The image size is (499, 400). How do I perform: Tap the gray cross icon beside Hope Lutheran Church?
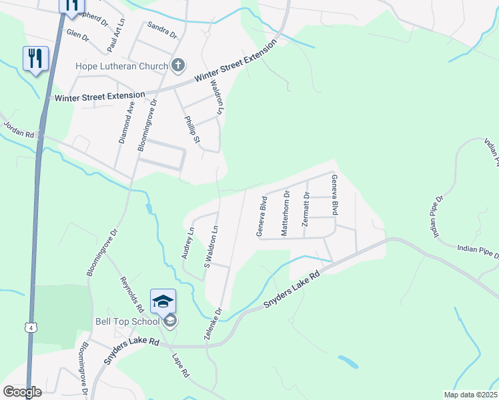point(177,65)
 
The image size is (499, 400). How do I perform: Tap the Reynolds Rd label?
point(132,295)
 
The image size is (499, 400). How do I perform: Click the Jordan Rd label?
point(19,129)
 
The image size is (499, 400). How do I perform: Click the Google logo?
point(22,391)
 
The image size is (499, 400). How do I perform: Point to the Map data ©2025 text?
point(471,395)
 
